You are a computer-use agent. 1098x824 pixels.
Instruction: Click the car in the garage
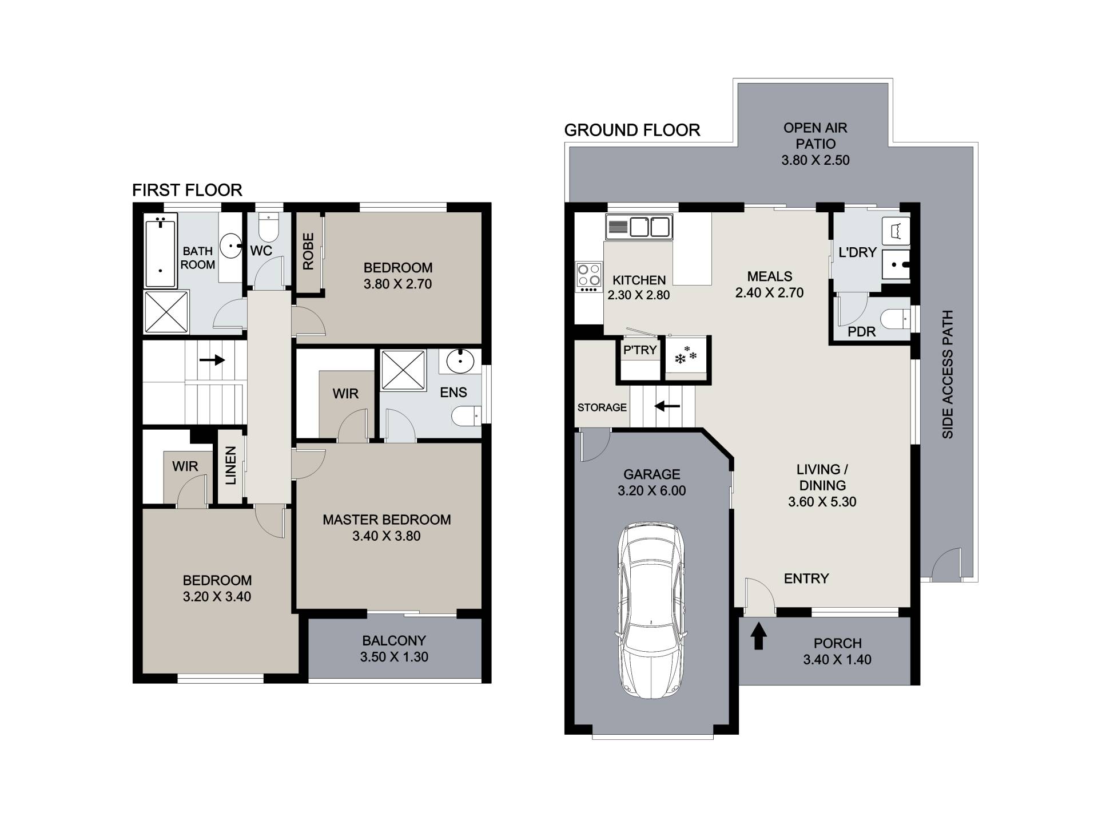pos(651,610)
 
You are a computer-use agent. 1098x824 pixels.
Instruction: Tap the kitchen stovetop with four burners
pos(588,277)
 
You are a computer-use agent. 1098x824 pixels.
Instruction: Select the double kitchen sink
pos(640,227)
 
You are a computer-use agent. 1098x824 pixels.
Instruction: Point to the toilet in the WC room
pos(268,228)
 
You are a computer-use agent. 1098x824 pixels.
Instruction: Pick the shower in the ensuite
pos(404,371)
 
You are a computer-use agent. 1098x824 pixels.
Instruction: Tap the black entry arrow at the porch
pos(758,636)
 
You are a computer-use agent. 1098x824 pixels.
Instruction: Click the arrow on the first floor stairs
pos(212,360)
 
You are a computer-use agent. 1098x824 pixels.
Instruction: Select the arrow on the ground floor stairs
pos(667,406)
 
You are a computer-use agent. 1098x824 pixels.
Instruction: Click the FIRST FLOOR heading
pos(187,190)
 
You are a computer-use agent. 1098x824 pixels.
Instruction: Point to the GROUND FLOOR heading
pos(632,130)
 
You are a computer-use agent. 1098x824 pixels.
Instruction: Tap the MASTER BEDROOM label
pos(387,520)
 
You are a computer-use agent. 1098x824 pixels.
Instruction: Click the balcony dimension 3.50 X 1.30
pos(394,657)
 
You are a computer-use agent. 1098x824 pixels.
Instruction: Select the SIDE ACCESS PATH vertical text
pos(948,374)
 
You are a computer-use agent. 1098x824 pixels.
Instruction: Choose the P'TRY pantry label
pos(640,350)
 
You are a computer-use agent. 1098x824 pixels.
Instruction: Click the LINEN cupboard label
pos(230,466)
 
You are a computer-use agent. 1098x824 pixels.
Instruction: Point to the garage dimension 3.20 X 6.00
pos(651,490)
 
